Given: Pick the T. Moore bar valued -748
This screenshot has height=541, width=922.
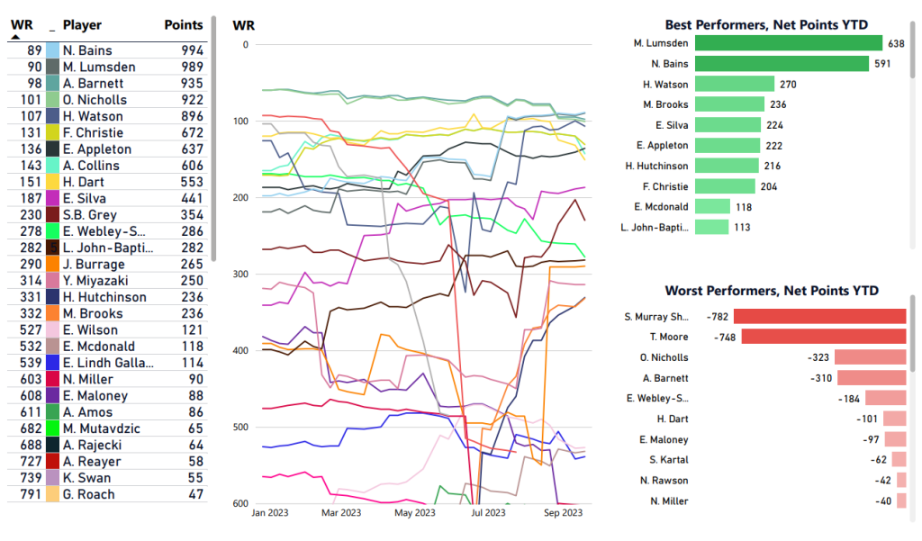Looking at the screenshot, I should pos(823,337).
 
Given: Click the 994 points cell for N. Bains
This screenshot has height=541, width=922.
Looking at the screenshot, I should pos(190,51).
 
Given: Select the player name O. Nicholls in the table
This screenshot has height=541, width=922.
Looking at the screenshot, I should pos(95,100).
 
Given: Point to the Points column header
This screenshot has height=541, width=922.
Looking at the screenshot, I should pos(184,25).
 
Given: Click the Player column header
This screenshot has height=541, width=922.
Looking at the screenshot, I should pos(82,25).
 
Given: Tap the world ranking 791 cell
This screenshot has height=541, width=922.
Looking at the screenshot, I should pos(29,494).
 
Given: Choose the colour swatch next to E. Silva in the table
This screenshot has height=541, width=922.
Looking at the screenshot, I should pos(53,199).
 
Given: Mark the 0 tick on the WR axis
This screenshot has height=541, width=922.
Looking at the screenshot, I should pos(245,44).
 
